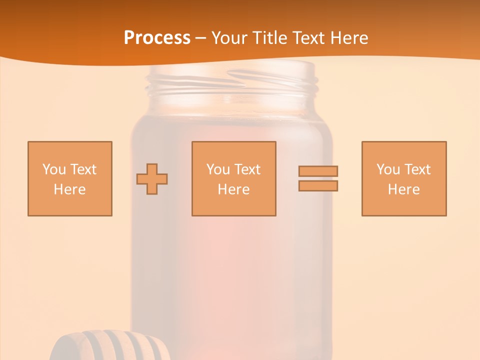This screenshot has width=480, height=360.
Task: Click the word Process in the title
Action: [157, 37]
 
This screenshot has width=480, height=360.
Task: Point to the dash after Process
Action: [200, 38]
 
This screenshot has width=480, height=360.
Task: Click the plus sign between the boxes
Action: [152, 179]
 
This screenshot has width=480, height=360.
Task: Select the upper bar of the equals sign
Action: [318, 171]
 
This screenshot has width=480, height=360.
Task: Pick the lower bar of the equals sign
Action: [318, 185]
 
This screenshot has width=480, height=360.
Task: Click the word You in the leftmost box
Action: [54, 169]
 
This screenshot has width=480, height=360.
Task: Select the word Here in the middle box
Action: [234, 189]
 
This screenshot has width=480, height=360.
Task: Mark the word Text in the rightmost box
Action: [417, 169]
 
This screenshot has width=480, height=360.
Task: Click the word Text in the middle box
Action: [247, 169]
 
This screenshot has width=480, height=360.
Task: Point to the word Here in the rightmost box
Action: [404, 189]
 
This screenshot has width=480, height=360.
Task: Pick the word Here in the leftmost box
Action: [70, 189]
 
